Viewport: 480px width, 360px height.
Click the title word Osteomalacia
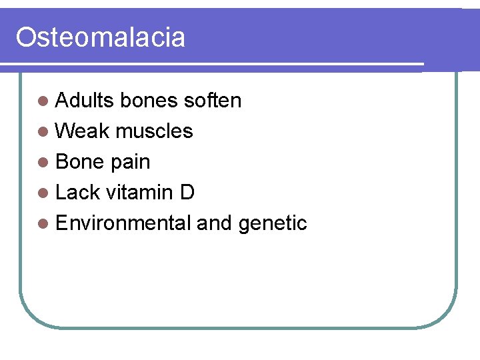pos(100,37)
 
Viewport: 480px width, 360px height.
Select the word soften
pos(212,100)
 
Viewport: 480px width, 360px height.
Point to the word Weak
pos(82,131)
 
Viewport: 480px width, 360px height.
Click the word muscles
pos(154,131)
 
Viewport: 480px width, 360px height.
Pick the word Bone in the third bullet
pos(79,161)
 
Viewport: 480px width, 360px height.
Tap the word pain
pos(130,162)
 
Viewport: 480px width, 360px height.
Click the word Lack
pos(77,192)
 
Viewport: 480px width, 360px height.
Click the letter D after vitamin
pos(187,192)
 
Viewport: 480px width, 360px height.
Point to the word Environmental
pos(123,223)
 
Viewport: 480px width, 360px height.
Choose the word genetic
pos(272,223)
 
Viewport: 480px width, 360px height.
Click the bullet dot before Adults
pos(43,101)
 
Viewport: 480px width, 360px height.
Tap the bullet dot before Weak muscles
pos(43,131)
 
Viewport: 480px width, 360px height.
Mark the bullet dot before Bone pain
pos(43,162)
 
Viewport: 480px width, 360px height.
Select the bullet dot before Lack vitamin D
pos(43,193)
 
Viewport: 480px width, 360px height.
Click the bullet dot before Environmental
pos(43,223)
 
